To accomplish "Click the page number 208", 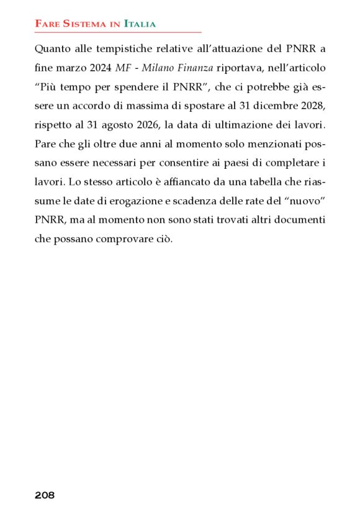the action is pos(45,495).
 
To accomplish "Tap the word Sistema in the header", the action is pos(84,24).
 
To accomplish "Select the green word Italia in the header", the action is pos(140,24).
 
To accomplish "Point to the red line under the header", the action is pos(118,32).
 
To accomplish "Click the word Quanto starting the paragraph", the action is pos(50,49).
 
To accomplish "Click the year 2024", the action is pos(99,66).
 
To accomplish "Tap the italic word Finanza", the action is pos(191,66).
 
